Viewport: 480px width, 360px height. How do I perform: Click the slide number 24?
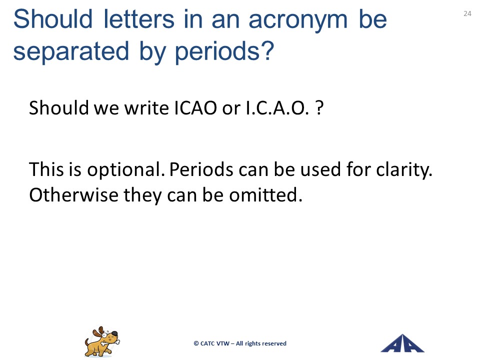467,13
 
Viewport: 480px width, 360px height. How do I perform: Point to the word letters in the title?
139,19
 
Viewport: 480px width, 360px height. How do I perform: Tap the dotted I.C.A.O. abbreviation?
277,108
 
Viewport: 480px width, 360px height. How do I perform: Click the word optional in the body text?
124,170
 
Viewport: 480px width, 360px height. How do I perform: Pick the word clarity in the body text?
404,170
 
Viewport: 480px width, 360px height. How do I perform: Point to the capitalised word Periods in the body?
201,169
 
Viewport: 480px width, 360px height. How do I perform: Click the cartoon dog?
102,341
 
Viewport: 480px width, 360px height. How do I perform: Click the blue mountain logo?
402,343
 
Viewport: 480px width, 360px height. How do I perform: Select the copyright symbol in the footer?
196,343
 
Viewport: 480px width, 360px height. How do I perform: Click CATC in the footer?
207,343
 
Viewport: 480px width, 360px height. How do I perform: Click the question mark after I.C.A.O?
319,108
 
